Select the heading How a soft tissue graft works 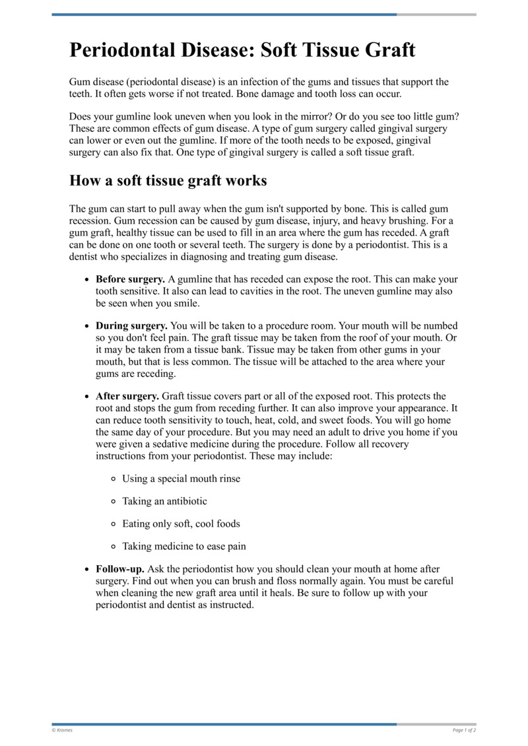tap(168, 180)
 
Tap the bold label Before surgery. tap(130, 279)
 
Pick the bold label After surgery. tap(127, 396)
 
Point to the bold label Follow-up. tap(120, 568)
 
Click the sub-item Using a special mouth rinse tap(181, 479)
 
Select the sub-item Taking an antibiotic tap(164, 501)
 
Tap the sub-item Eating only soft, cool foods tap(181, 524)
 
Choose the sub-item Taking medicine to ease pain tap(183, 546)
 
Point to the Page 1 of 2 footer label tap(464, 730)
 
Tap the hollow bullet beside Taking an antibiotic tap(114, 502)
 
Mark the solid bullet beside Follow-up tap(88, 569)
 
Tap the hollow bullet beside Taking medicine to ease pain tap(114, 547)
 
